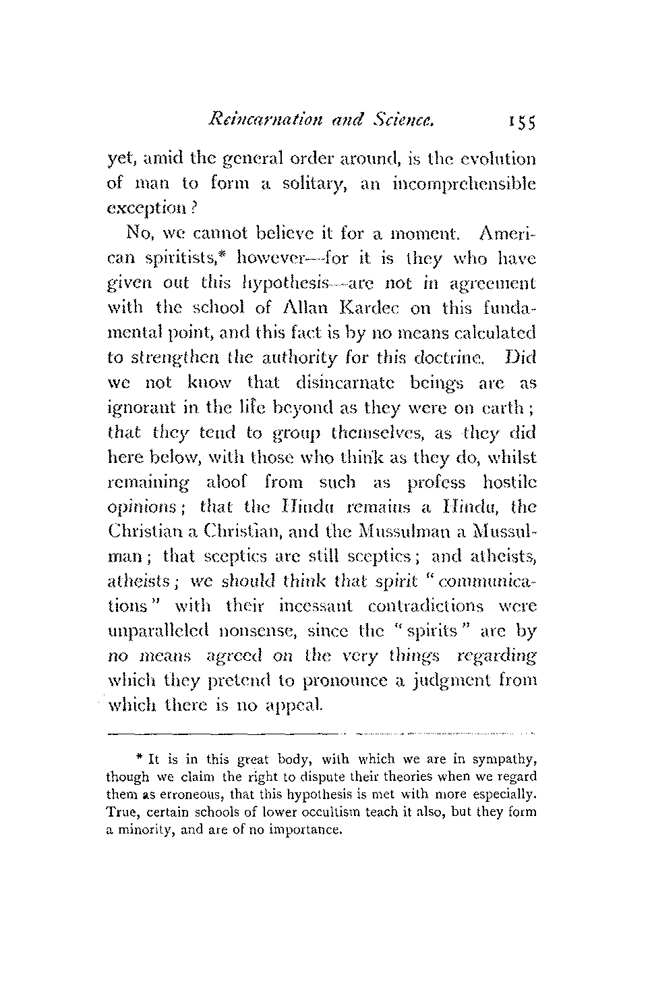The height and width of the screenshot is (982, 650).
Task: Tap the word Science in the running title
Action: [400, 121]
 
